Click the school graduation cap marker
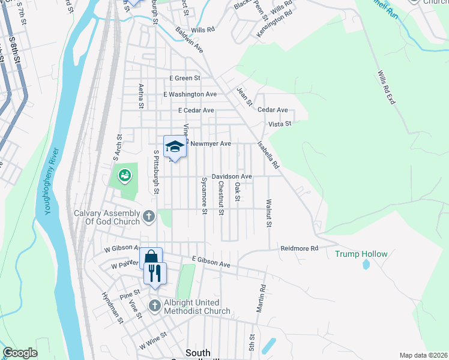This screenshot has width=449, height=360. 175,146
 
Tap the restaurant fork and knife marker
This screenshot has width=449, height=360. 155,274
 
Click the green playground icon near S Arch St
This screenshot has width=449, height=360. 124,176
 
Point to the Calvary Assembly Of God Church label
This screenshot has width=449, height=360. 107,217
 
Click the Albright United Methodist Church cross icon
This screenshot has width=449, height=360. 154,306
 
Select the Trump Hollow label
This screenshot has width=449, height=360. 361,254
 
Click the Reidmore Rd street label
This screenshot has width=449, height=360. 298,248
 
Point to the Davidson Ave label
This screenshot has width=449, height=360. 231,176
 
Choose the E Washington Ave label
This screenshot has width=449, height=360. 190,95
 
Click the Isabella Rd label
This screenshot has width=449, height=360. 268,154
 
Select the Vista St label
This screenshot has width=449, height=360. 279,124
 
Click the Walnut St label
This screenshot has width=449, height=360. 270,214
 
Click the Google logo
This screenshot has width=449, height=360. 20,353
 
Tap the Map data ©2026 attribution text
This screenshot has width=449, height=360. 423,355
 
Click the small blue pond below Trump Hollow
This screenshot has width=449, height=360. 366,265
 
